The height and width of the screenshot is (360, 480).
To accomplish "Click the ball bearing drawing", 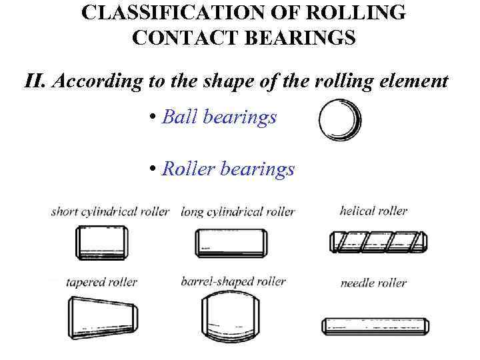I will click(x=340, y=120).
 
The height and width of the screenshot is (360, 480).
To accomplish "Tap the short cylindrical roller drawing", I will click(x=101, y=241).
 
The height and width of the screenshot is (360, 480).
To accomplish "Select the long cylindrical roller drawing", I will click(x=231, y=242).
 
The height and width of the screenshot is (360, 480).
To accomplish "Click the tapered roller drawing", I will click(x=101, y=317).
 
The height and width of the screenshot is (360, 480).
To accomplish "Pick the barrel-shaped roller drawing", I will click(x=231, y=317).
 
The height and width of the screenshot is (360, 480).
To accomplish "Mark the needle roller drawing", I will click(x=375, y=326).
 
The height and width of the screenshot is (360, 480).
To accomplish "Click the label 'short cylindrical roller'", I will click(x=110, y=212).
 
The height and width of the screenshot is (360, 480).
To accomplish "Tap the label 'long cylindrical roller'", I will click(x=237, y=212).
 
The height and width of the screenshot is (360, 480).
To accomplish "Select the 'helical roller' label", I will click(x=373, y=211).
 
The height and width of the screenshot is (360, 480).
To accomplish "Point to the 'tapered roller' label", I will click(x=101, y=282).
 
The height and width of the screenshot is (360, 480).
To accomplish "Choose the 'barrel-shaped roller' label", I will click(x=233, y=281).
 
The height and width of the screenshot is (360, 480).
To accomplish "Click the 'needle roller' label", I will click(x=373, y=283).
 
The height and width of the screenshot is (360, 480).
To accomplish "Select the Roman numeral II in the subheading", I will click(x=34, y=81).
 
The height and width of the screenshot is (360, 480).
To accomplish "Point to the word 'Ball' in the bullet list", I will click(x=179, y=117).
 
